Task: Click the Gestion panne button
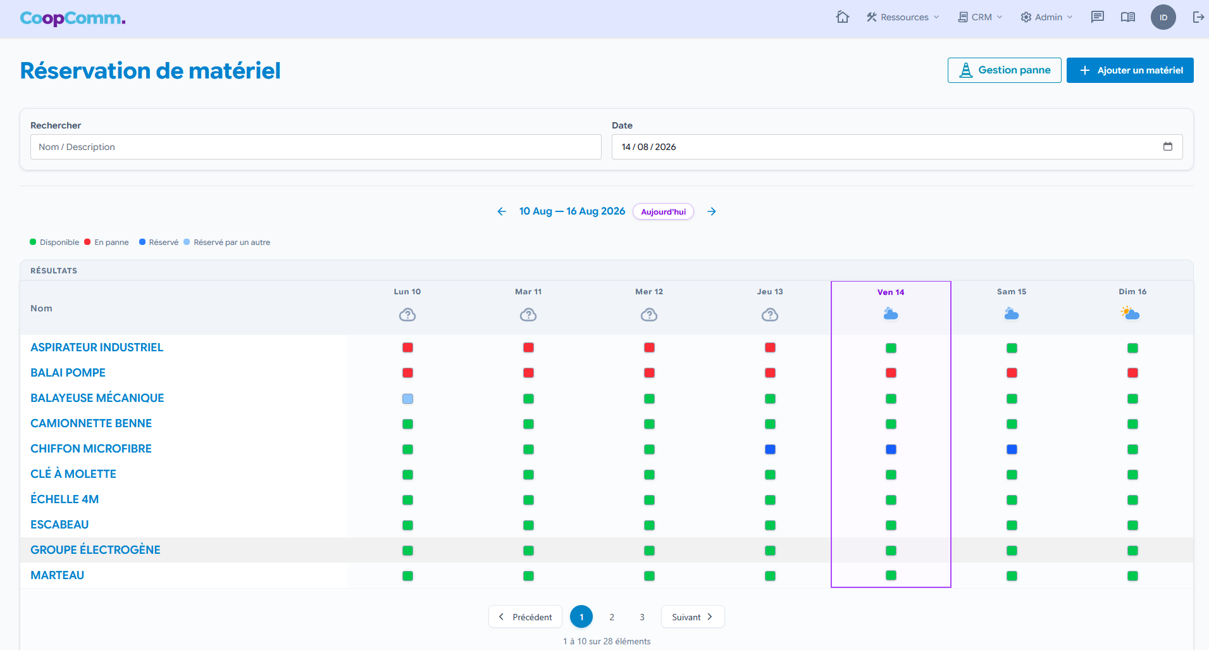tap(1004, 70)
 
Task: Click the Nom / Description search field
tap(316, 147)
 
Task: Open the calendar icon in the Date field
tap(1168, 147)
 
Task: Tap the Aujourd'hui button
tap(663, 211)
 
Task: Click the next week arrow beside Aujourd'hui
tap(712, 211)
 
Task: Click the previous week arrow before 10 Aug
tap(502, 211)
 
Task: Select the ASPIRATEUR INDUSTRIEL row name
tap(97, 347)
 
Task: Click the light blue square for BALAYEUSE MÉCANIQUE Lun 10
tap(407, 399)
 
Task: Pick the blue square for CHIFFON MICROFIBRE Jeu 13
tap(770, 449)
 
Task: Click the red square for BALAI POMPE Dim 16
tap(1132, 373)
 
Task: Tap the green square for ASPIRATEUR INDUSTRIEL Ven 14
tap(891, 348)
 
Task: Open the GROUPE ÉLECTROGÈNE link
tap(96, 550)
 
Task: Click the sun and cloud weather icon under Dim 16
tap(1130, 313)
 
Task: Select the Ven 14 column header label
tap(891, 292)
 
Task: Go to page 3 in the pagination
tap(642, 617)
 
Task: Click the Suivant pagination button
tap(693, 617)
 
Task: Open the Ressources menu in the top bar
tap(903, 17)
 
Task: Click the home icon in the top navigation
tap(843, 17)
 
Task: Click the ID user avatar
tap(1163, 17)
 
